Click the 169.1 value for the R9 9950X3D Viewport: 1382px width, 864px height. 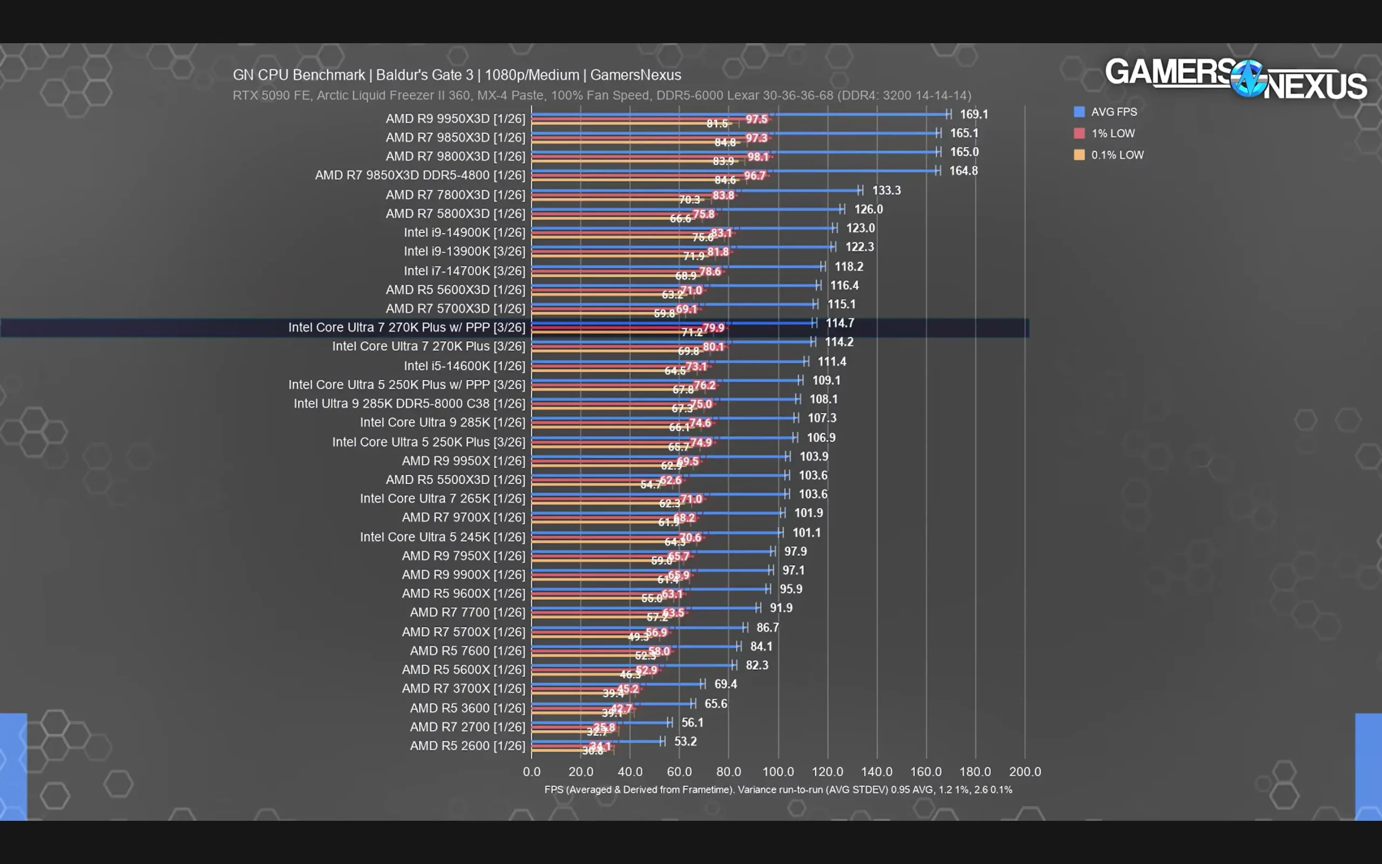974,114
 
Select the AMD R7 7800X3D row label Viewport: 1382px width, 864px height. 455,195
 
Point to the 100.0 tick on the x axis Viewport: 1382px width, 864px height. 778,772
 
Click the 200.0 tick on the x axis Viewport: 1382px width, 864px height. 1025,772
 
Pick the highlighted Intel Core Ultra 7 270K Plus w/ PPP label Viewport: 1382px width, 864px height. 406,327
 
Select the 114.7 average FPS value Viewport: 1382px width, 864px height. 839,323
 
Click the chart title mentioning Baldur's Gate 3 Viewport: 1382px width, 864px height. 456,75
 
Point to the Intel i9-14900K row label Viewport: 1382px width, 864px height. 464,233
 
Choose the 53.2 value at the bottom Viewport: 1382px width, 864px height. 685,741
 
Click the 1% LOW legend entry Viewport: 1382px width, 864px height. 1112,133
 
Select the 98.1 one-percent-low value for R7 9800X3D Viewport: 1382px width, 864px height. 758,157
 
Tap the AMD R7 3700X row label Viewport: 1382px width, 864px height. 463,688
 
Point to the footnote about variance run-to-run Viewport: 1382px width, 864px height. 778,789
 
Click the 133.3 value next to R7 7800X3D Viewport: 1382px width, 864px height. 886,190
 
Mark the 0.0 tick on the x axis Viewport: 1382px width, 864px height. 531,772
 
